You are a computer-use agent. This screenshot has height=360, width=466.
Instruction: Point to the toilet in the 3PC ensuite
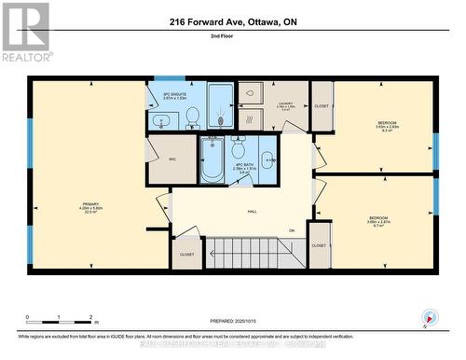[x=192, y=116]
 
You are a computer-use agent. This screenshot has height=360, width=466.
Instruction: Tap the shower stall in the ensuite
[x=221, y=106]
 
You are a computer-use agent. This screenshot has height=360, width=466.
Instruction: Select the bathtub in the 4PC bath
[x=212, y=160]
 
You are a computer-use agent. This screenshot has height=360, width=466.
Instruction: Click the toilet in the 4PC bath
[x=239, y=149]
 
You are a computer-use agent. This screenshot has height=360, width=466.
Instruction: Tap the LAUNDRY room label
[x=285, y=105]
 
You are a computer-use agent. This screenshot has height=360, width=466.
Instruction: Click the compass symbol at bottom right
[x=429, y=317]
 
